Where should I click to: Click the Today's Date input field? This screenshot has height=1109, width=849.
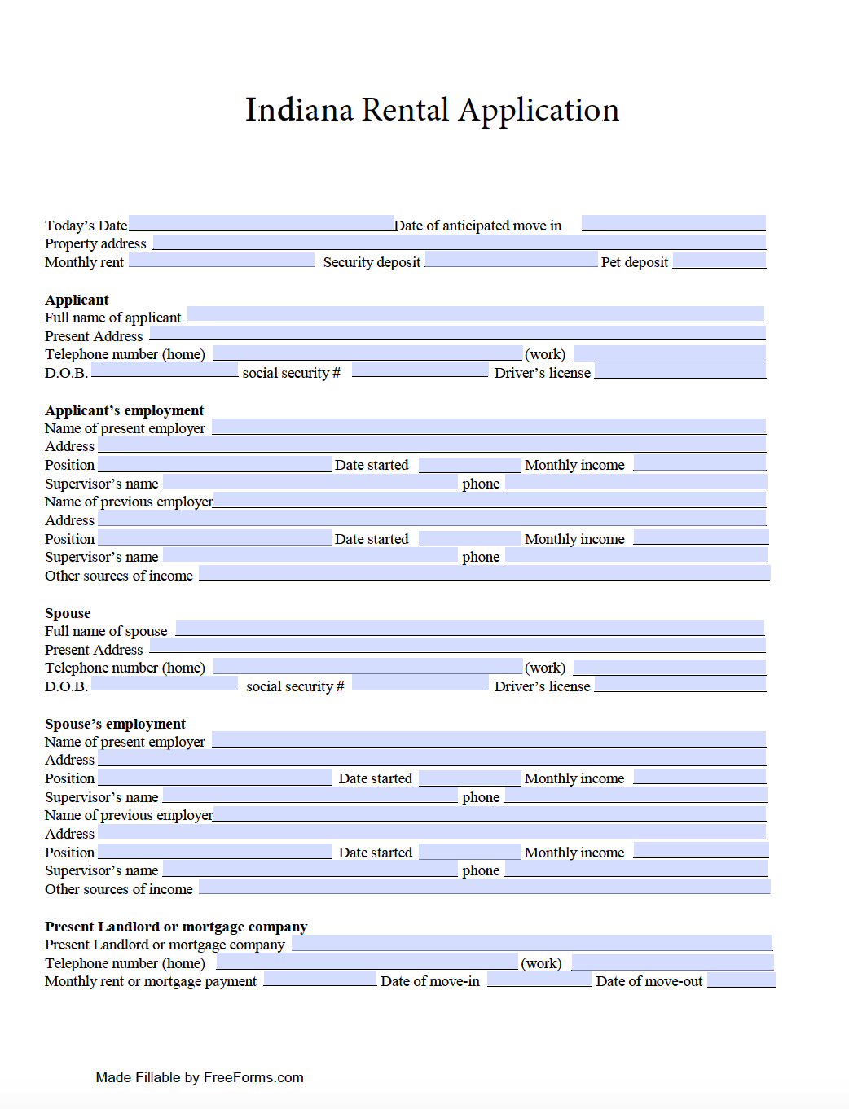(x=261, y=223)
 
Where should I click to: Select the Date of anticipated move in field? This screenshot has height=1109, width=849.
(x=673, y=223)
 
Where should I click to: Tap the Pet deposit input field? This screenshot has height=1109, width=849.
(x=719, y=261)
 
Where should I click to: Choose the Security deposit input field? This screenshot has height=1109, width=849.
(x=511, y=260)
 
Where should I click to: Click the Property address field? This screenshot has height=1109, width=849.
(x=459, y=242)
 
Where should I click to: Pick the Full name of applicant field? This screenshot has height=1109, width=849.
(x=475, y=314)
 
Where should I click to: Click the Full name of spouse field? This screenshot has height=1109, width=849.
(x=469, y=629)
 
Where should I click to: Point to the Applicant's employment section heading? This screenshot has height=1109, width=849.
(x=124, y=410)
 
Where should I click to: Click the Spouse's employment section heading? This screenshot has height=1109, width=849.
(x=115, y=724)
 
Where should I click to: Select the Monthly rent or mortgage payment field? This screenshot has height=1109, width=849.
(x=319, y=979)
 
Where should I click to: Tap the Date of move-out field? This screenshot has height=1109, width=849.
(x=741, y=980)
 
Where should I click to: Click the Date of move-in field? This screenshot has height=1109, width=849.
(x=539, y=980)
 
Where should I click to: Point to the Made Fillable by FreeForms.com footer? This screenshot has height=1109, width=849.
(x=200, y=1077)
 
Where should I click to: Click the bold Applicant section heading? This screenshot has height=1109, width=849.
(x=77, y=300)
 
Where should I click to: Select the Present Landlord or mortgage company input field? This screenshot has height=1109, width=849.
(x=531, y=943)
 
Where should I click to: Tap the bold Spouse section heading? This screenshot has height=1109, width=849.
(x=68, y=613)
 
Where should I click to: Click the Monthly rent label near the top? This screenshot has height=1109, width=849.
(x=84, y=262)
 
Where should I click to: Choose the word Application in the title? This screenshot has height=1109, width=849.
(x=539, y=111)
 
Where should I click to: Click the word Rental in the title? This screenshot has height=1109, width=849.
(x=405, y=110)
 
